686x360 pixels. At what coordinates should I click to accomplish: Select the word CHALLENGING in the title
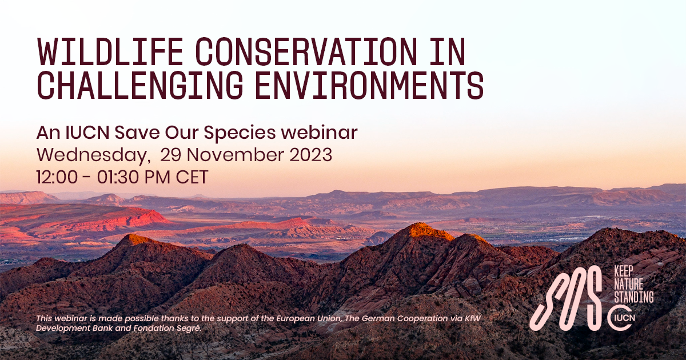140,85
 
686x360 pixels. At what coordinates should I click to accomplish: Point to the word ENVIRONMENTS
369,85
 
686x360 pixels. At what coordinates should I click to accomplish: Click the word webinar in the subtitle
320,133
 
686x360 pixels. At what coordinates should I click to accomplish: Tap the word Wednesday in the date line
92,155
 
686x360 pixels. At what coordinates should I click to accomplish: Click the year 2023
310,155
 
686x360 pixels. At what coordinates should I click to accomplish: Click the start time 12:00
57,177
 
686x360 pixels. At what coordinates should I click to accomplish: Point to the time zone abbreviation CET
192,177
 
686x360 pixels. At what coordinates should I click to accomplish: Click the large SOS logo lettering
565,298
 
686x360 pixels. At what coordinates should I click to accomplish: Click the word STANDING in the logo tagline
634,297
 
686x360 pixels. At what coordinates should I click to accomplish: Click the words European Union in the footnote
309,318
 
